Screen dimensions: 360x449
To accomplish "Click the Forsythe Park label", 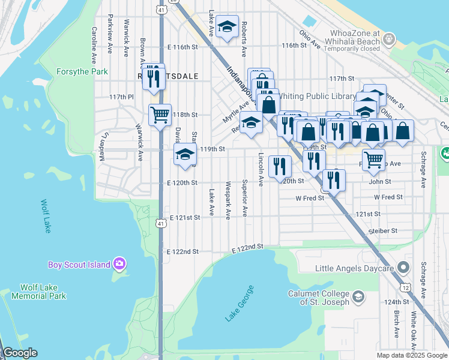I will [82, 71].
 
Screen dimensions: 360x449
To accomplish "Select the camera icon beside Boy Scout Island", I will [119, 264].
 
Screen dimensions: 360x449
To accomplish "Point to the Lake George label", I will [240, 304].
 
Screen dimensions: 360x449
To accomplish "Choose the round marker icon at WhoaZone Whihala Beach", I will [390, 40].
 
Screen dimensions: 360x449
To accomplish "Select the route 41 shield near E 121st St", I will [160, 223].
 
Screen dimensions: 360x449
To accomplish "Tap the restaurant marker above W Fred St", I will [334, 179].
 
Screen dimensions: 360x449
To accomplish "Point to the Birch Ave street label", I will [397, 324].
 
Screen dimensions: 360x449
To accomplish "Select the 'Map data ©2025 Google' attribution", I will [411, 355].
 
